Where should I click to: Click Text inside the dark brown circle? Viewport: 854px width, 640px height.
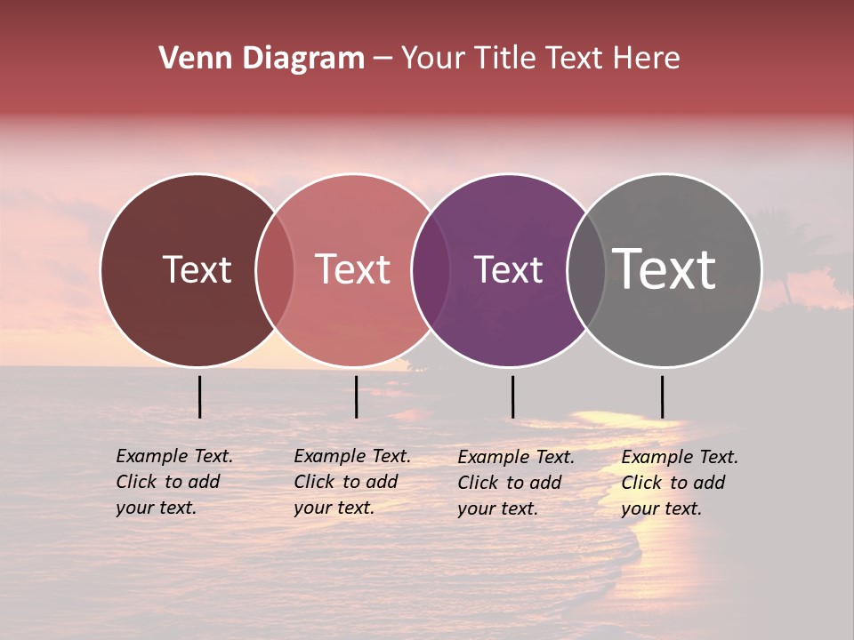point(197,269)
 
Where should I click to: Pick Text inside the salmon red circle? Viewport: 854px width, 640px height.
point(352,269)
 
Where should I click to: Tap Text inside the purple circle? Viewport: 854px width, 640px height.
point(508,269)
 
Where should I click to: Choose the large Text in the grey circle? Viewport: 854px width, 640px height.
point(665,268)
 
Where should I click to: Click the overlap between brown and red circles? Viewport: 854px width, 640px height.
point(275,269)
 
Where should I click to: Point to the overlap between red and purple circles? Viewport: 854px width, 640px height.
point(431,269)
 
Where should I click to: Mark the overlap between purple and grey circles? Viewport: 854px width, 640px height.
point(586,269)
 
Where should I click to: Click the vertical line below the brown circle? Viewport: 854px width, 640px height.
point(199,396)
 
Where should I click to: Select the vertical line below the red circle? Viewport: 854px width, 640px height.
point(356,396)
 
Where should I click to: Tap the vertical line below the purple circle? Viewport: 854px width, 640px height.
point(512,396)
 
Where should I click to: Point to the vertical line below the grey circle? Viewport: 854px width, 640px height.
point(662,396)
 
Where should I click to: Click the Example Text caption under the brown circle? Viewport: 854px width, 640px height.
point(174,482)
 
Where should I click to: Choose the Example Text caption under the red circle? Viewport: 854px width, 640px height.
point(352,482)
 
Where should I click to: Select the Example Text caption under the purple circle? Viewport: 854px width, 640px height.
point(516,483)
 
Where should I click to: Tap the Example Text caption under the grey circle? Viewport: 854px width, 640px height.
point(680,483)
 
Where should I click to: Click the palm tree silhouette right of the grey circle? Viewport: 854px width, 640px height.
point(786,267)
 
